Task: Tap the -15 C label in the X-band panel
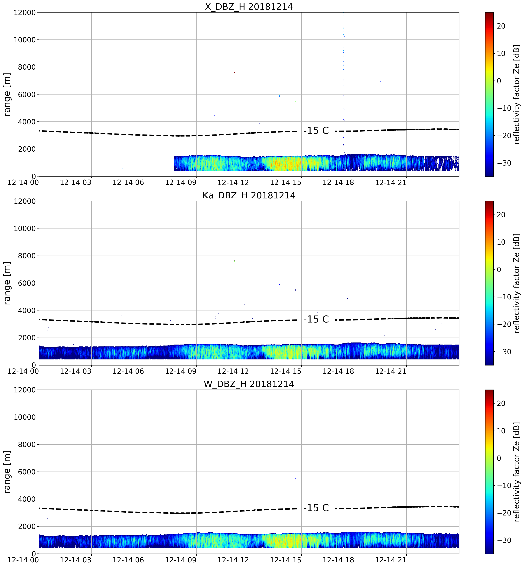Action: (316, 131)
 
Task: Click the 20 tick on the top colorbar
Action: (501, 26)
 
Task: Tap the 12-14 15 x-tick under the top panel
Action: (286, 182)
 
